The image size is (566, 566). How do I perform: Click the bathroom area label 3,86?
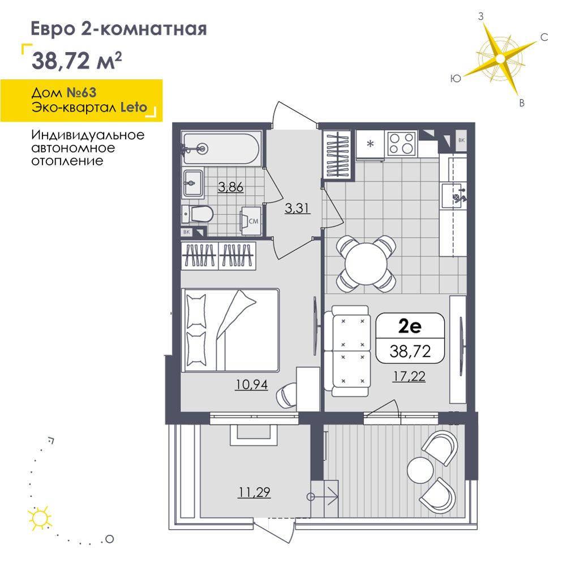tap(231, 187)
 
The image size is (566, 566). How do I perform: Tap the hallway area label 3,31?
tap(297, 208)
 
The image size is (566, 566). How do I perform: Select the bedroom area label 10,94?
tap(252, 385)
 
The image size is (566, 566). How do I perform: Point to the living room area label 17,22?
tap(409, 376)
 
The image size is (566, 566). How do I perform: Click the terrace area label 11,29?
tap(254, 492)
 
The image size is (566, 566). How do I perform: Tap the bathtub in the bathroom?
tap(221, 148)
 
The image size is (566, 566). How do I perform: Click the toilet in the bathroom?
tap(197, 214)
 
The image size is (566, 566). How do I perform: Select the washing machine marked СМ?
tap(251, 221)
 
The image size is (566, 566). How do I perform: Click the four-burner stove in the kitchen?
tap(402, 143)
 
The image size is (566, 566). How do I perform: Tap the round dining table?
tap(366, 264)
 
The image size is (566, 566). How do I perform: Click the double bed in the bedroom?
tap(231, 330)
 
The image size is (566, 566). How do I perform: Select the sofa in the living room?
tap(346, 351)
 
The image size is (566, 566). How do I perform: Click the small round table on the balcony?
tap(420, 470)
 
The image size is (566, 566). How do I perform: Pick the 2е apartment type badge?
tap(410, 338)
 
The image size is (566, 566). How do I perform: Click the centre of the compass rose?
tap(500, 58)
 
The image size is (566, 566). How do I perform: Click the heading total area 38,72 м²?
tap(77, 61)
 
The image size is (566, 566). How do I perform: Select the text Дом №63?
tap(64, 93)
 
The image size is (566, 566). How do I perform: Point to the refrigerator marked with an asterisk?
tap(370, 144)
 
